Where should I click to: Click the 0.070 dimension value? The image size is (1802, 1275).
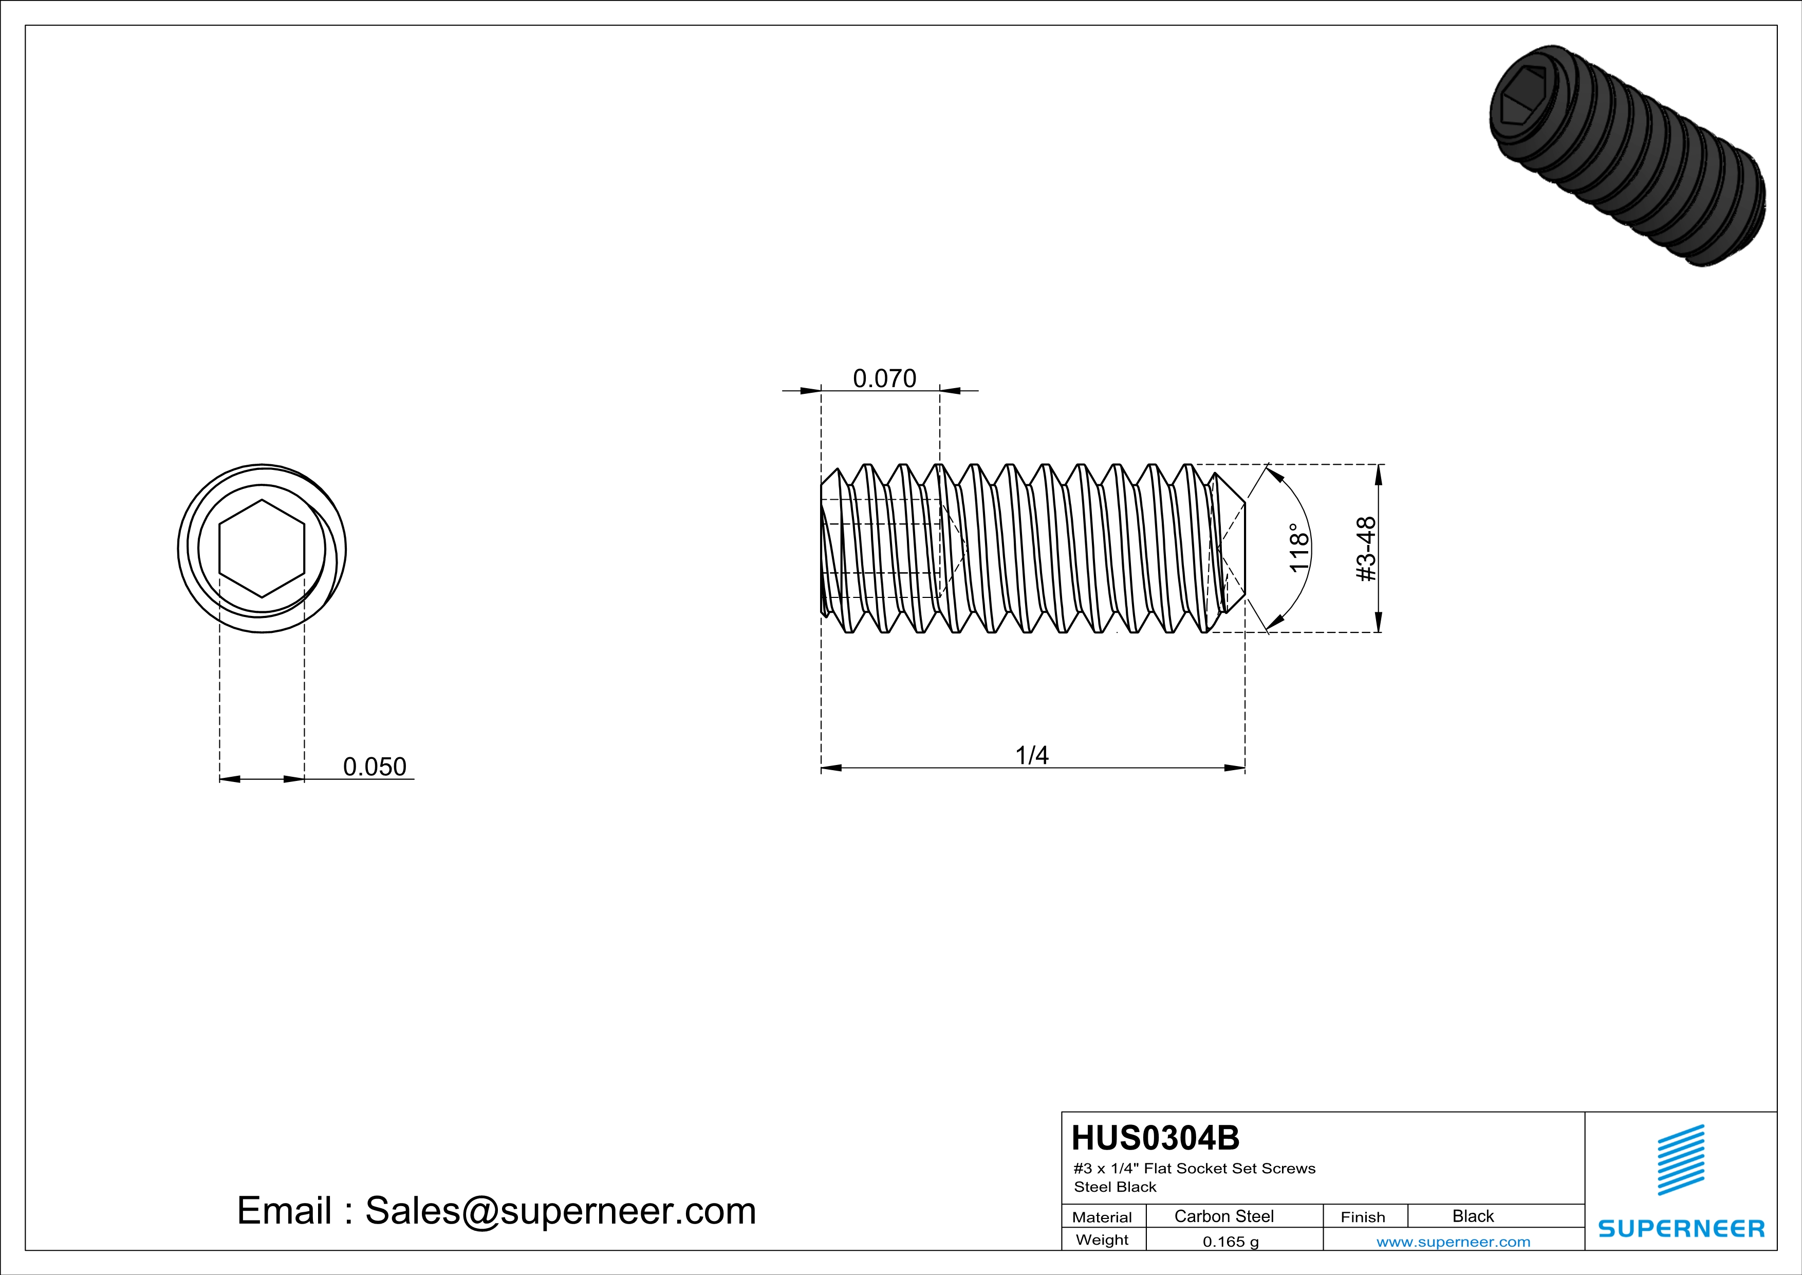884,378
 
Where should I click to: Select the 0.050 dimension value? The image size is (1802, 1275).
375,766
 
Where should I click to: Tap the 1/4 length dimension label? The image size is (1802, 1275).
1032,755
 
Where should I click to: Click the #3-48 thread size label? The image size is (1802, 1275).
1366,549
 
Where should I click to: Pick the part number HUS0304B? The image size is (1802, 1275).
1155,1138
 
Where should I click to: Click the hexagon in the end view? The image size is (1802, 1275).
262,548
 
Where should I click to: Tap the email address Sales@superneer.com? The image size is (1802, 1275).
561,1211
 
